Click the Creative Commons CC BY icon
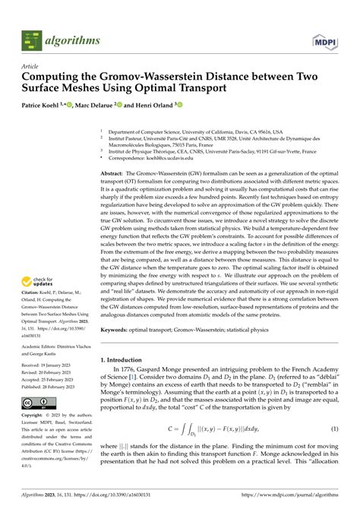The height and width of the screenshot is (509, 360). pos(36,402)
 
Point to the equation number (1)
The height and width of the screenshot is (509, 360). pos(335,430)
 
